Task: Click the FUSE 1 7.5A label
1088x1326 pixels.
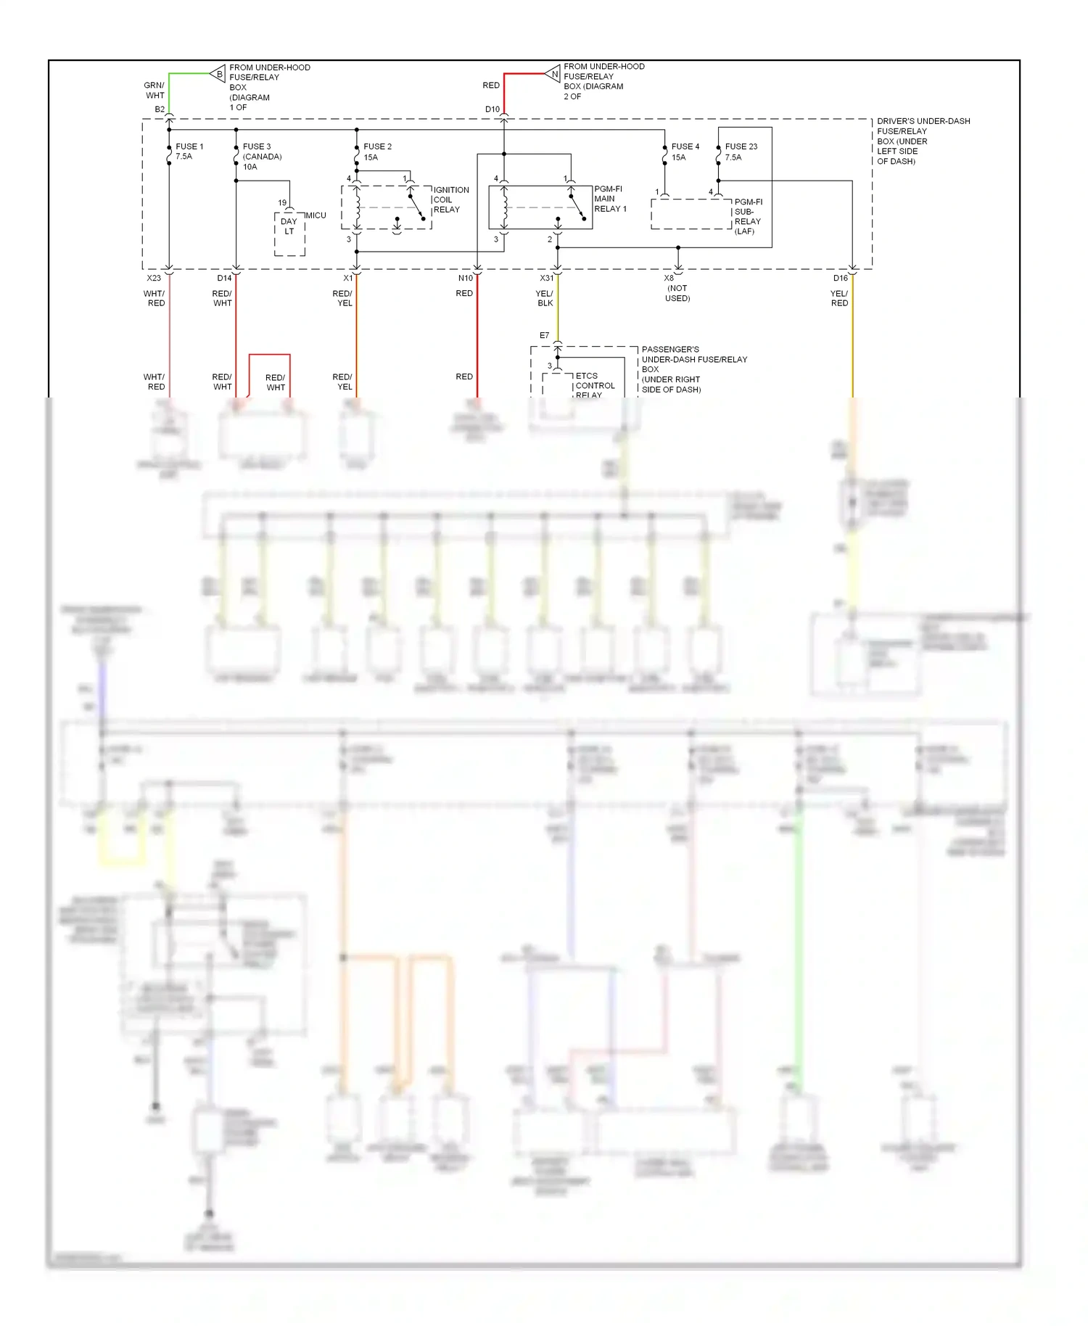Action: point(189,151)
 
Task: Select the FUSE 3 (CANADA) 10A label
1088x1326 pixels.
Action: point(262,157)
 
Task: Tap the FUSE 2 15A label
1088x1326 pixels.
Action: point(377,152)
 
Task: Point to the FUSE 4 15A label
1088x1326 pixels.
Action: point(685,152)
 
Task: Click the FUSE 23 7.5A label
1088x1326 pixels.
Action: point(741,152)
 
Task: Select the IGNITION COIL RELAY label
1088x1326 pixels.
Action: point(450,199)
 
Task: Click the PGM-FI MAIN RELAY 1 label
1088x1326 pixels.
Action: point(610,199)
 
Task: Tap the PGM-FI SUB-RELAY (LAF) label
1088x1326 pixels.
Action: point(748,216)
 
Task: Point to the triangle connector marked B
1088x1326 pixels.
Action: point(218,73)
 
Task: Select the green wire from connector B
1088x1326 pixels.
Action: point(189,73)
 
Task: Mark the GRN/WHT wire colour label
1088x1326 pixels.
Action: point(154,90)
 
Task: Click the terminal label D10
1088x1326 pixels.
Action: point(493,110)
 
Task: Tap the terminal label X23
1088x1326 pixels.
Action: point(154,278)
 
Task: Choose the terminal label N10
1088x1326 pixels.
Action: point(465,278)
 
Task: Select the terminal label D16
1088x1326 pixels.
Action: point(840,278)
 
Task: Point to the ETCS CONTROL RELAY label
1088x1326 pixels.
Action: point(595,385)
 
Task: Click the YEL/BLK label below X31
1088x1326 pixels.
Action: point(545,298)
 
